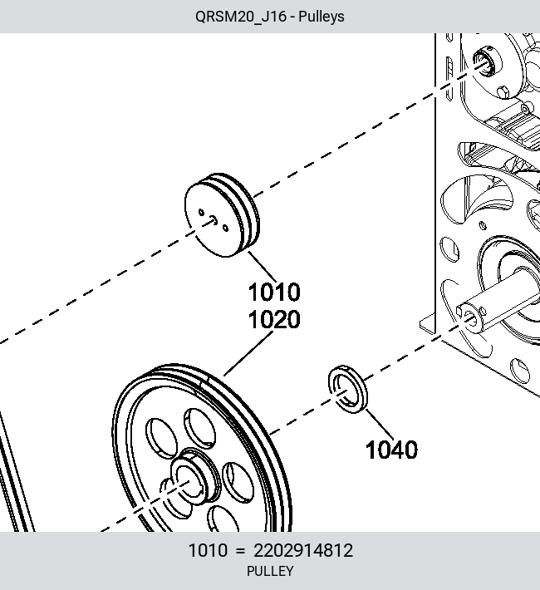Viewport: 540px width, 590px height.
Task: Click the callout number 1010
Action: point(274,292)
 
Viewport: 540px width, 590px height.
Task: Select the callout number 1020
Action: point(274,319)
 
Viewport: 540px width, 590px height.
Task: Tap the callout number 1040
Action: point(391,450)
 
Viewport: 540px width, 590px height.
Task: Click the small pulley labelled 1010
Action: point(222,215)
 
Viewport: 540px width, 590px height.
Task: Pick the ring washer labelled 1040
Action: point(348,389)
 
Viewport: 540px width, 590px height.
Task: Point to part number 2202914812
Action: point(303,550)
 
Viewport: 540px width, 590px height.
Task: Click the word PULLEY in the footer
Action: point(270,571)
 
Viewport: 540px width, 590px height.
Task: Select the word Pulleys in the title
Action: point(322,17)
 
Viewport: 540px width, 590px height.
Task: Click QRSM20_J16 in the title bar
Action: point(241,17)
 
